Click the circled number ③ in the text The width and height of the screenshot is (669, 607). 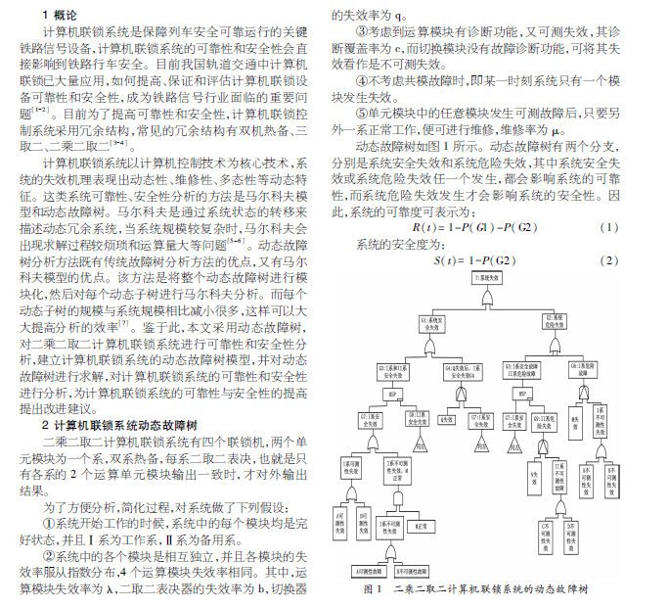362,31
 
